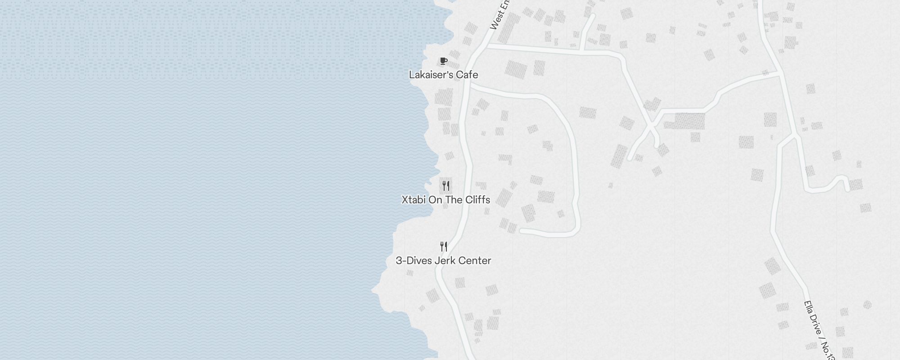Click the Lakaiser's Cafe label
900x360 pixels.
tap(443, 75)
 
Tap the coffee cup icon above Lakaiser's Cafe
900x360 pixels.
tap(444, 61)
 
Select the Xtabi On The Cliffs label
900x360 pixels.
tap(445, 200)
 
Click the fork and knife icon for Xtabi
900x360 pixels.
tap(446, 185)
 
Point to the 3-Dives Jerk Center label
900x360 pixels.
tap(443, 261)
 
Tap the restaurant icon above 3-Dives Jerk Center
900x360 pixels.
tap(444, 247)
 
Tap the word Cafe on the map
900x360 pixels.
tap(467, 75)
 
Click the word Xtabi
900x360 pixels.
tap(414, 200)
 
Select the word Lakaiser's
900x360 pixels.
tap(431, 75)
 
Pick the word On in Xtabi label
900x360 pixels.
tap(435, 200)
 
